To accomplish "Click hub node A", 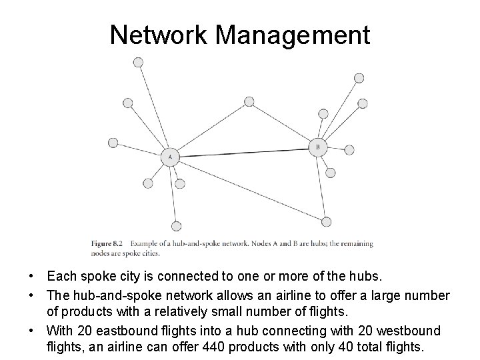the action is click(x=170, y=157).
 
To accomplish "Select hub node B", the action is click(x=318, y=147).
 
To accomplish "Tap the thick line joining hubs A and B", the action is click(x=244, y=152).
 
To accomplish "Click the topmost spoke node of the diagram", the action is click(x=138, y=62).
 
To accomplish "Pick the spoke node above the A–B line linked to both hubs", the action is click(x=249, y=102).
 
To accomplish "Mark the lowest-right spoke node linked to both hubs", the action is click(x=326, y=221).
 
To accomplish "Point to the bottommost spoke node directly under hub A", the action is click(x=176, y=226).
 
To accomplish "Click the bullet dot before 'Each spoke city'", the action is click(x=31, y=275).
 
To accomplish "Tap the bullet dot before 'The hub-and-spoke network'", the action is click(x=31, y=295).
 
